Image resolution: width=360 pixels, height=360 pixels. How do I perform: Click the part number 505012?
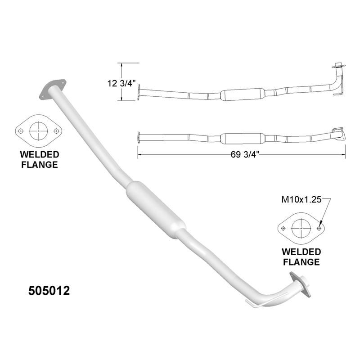coord(49,290)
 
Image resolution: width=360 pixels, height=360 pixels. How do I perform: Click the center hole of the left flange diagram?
coord(38,130)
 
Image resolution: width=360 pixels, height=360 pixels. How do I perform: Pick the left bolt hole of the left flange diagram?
coord(21,130)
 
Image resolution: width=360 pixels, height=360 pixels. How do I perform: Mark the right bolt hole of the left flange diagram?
coord(56,130)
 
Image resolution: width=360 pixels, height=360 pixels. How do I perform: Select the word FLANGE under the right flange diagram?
coord(301,261)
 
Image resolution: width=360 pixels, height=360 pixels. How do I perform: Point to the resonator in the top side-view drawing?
coord(242,94)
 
